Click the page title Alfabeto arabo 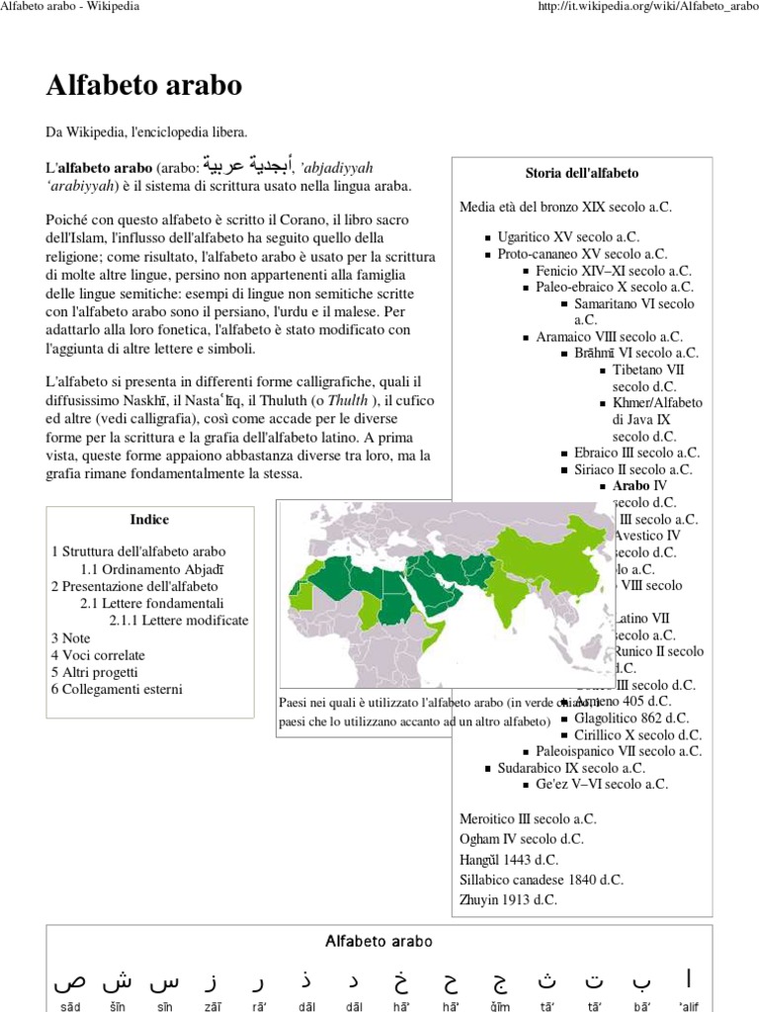(143, 86)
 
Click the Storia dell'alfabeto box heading (581, 173)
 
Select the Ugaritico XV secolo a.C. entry (568, 237)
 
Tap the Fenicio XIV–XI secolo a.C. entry (613, 270)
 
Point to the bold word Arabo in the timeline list (632, 485)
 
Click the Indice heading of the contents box (149, 519)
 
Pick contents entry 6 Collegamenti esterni (117, 689)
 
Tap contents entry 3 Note (69, 637)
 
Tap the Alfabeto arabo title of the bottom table (379, 942)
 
